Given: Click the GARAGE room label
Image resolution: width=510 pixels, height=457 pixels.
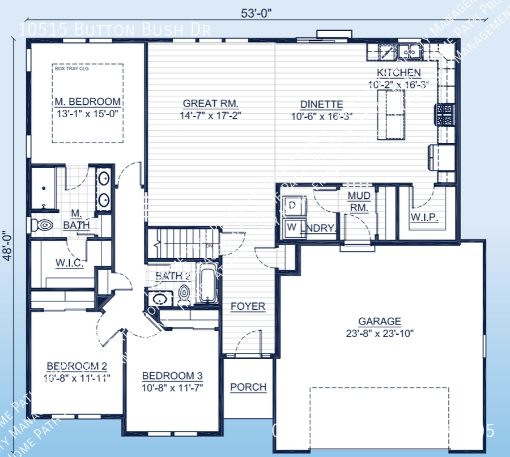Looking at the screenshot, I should tap(379, 321).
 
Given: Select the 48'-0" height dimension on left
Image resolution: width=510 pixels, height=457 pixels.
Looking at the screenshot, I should tap(7, 245).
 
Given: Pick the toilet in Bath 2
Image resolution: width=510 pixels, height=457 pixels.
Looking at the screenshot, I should tap(185, 293).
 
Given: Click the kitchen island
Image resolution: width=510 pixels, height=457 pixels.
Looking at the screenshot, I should tap(392, 116).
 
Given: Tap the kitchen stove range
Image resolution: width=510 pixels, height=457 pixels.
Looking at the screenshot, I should tap(445, 114).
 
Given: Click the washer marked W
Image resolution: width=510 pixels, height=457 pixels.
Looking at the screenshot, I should tap(293, 227).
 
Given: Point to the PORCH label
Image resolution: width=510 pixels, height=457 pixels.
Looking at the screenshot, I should tap(248, 387).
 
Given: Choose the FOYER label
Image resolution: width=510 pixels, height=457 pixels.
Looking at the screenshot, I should tap(248, 306).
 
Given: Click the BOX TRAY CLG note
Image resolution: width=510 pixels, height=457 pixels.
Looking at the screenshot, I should tap(69, 69).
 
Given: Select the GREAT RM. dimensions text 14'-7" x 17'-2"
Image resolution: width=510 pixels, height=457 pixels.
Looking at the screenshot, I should tap(210, 116).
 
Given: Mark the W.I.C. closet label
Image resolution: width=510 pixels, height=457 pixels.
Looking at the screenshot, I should tap(70, 263).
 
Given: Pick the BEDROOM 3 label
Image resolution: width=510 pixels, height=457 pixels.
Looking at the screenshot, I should tap(172, 376).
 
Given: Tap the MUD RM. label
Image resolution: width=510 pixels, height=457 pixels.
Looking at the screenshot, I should tap(359, 202).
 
